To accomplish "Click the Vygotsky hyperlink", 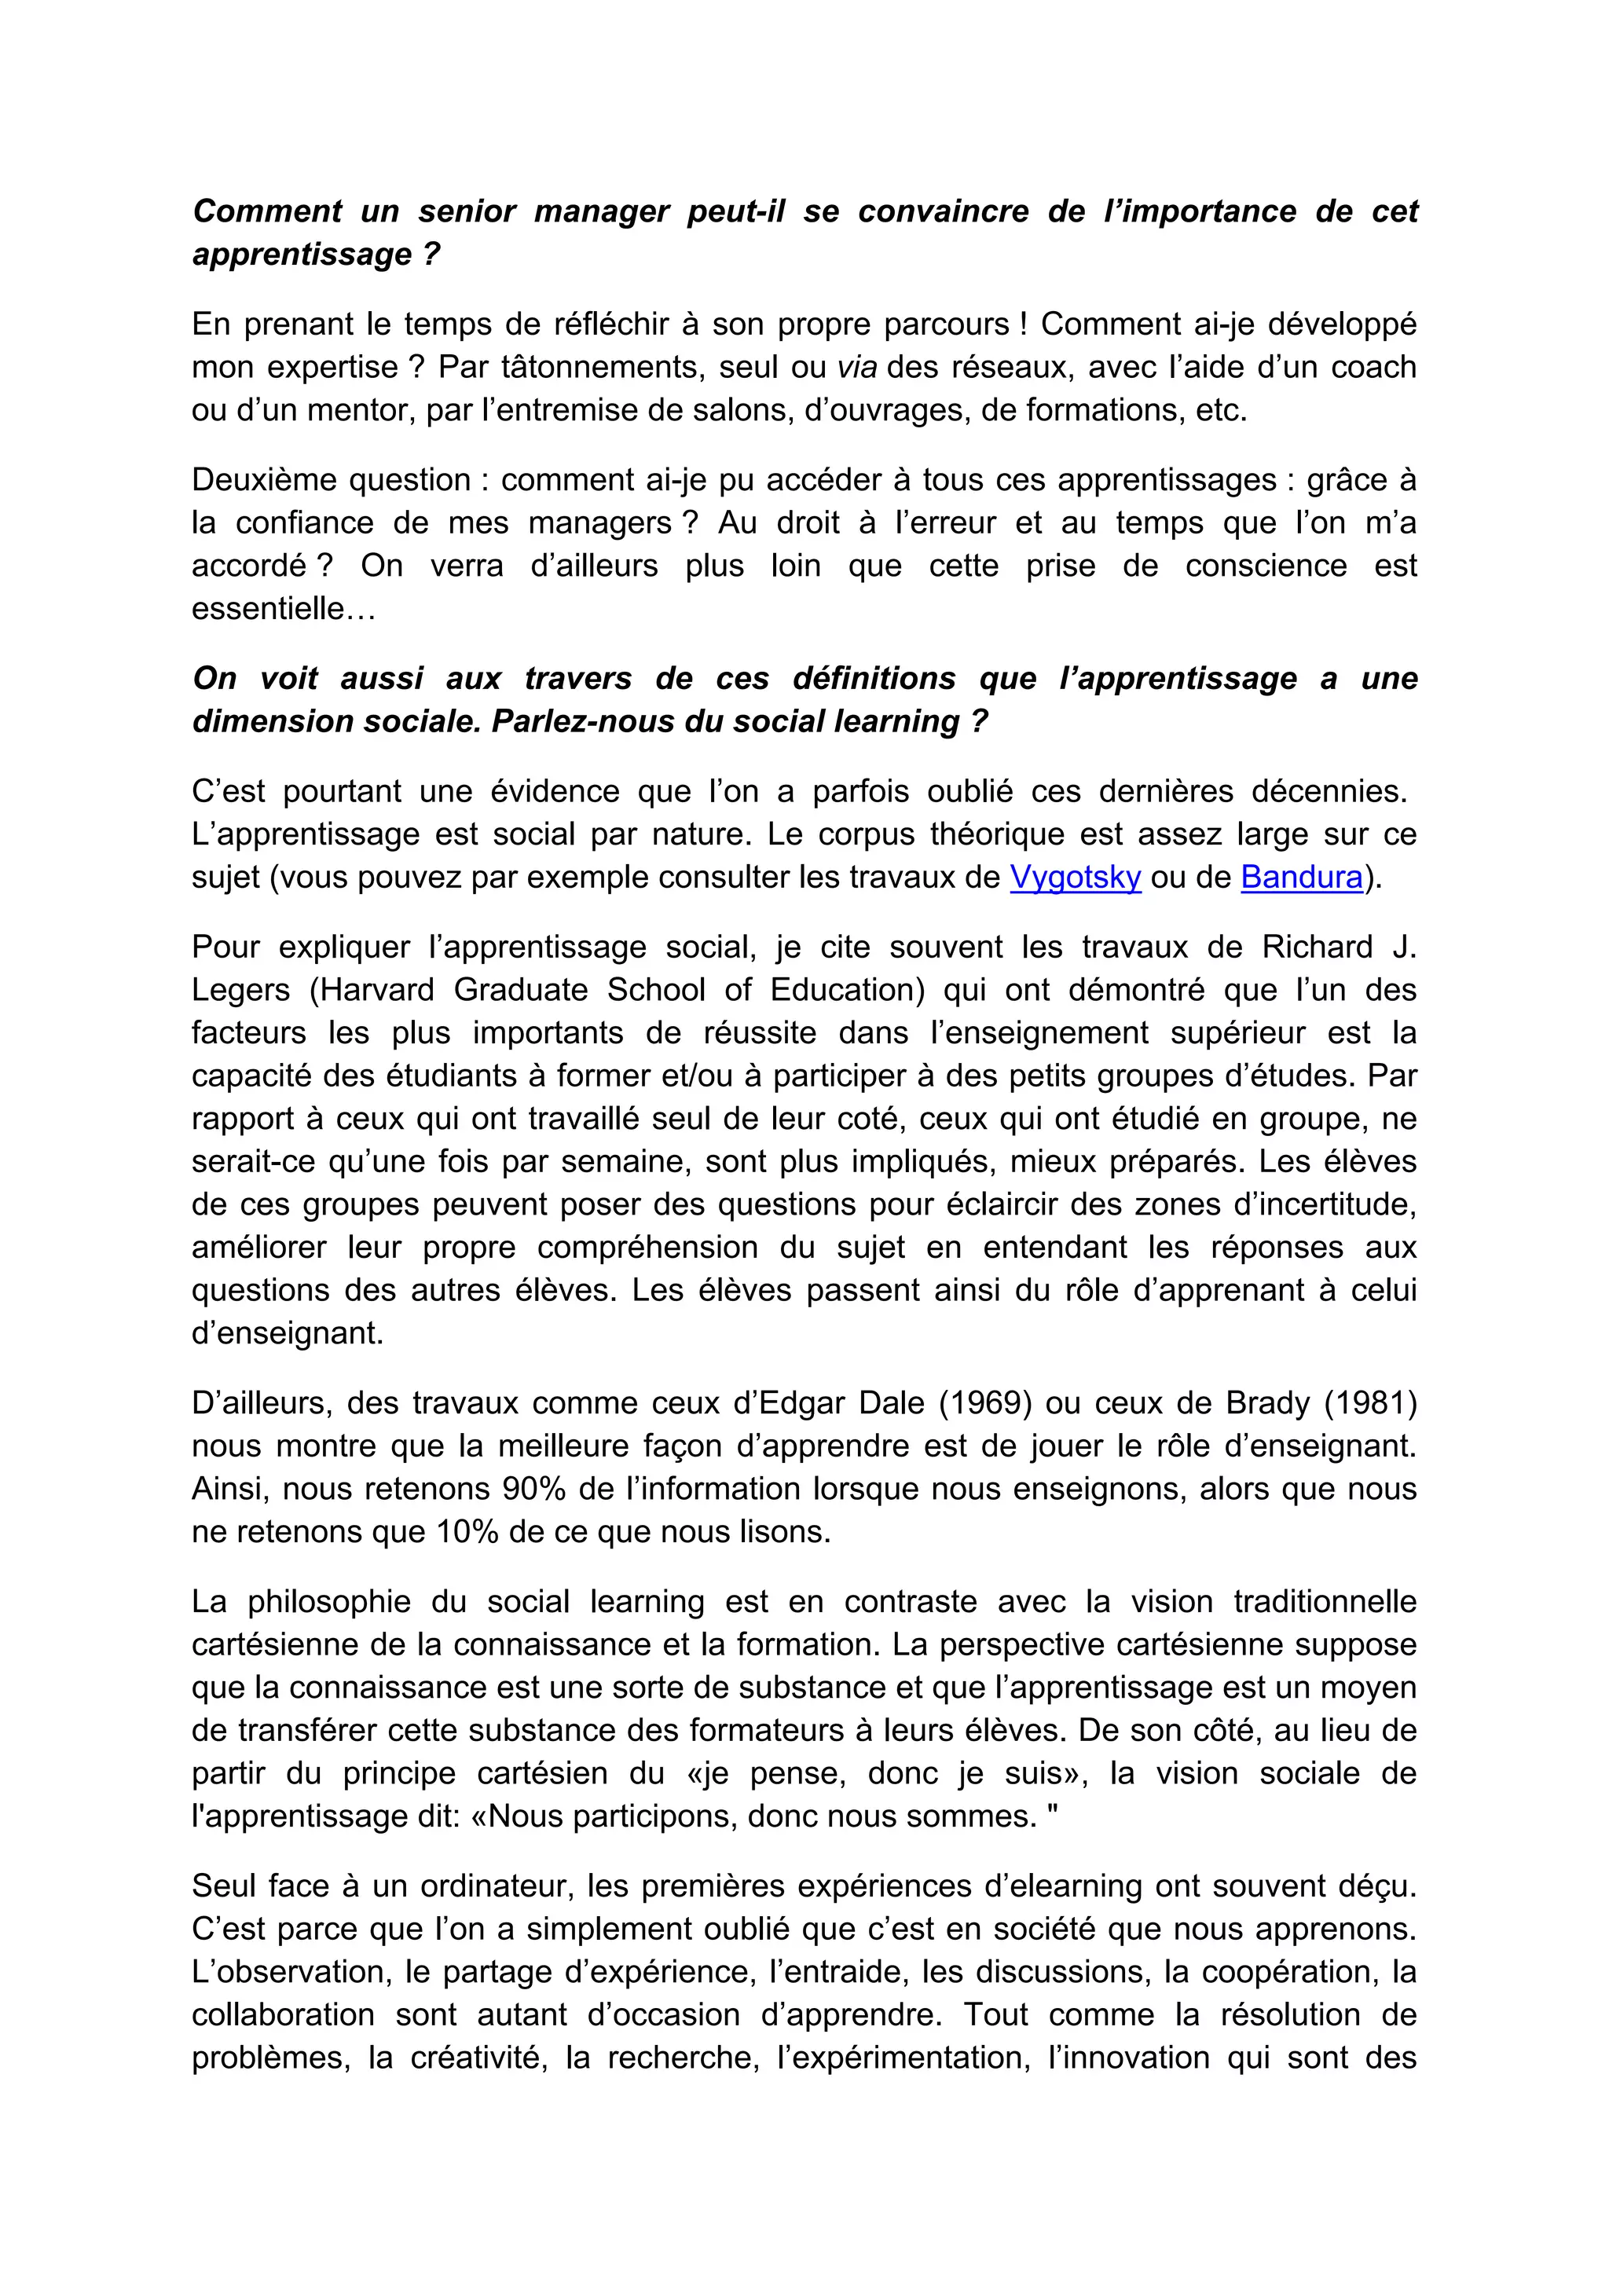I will (x=1075, y=878).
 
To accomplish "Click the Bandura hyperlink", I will (x=1301, y=878).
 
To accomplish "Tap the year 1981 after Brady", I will (x=1370, y=1402).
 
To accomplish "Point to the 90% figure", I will (x=537, y=1489).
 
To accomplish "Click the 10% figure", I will (x=466, y=1531).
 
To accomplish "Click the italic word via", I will (x=856, y=368).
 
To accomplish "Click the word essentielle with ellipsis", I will (x=283, y=609).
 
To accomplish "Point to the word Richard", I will (x=1317, y=947).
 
